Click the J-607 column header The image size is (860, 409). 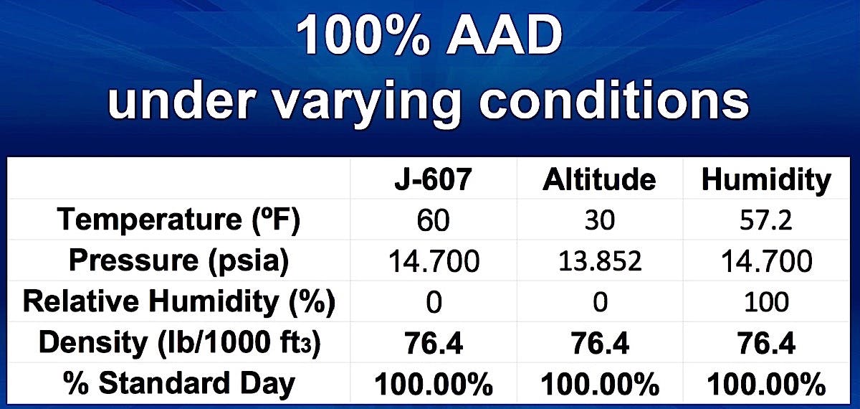pos(433,179)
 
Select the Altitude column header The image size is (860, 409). pos(599,179)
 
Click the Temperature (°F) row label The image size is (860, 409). pos(178,220)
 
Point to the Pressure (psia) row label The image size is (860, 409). pos(178,261)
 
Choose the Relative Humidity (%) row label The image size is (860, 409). pos(179,302)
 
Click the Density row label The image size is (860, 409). pos(179,343)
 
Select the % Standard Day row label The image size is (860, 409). pos(179,383)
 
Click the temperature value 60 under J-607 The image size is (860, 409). pos(433,221)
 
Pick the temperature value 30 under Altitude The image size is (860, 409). pos(599,221)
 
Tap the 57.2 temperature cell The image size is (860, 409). pos(766,221)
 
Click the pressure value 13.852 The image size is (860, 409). pos(600,261)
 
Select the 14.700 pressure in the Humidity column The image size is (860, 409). pos(767,261)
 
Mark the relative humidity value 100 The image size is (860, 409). pos(766,302)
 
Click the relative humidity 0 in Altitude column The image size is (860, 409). pos(600,302)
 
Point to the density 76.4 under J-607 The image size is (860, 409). pos(434,343)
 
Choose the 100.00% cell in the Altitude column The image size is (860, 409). pos(600,384)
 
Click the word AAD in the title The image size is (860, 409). pos(504,37)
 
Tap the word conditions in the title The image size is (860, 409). pos(614,100)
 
